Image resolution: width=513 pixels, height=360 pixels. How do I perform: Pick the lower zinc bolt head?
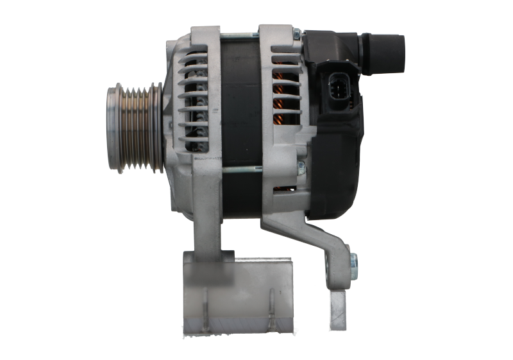click(301, 168)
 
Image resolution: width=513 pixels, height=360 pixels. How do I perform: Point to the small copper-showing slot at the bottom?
click(283, 189)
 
